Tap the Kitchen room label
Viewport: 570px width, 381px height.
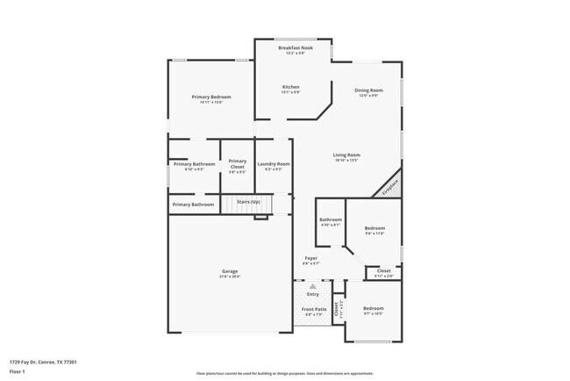point(290,87)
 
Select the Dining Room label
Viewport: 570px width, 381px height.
point(368,90)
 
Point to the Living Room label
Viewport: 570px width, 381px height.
point(347,155)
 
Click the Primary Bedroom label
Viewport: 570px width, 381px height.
point(211,97)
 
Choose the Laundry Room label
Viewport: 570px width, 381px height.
point(273,164)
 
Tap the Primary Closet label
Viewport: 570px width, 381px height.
point(237,163)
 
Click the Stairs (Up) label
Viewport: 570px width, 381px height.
point(248,203)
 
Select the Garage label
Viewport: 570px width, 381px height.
point(229,271)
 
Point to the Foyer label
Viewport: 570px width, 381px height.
point(311,258)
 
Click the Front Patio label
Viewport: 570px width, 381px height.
point(314,309)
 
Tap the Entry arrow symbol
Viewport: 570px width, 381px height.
point(313,287)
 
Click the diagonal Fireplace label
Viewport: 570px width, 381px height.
point(389,186)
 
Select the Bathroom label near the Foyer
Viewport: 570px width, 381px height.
point(331,219)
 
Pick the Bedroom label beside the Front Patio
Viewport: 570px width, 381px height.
point(374,308)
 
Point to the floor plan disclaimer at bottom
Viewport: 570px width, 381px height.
point(285,374)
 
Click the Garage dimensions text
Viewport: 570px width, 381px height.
point(229,277)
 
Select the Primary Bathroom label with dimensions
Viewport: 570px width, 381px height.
point(194,164)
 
